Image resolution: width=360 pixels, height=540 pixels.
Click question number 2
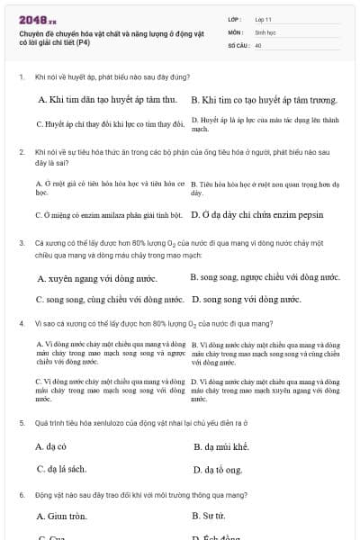21,152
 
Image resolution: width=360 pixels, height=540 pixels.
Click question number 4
21,322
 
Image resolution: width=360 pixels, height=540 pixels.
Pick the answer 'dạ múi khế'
220,445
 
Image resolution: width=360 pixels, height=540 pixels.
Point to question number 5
21,422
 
